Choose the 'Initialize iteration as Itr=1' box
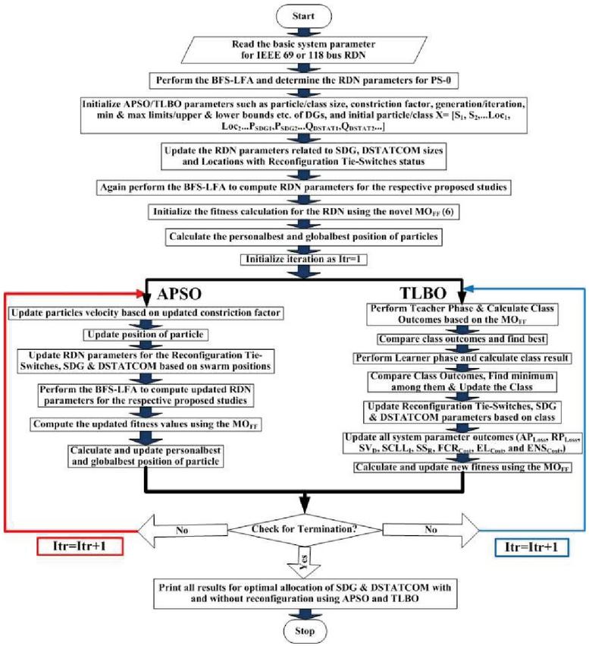(x=303, y=258)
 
